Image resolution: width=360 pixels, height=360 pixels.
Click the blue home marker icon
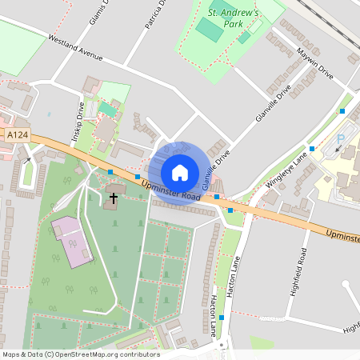click(x=180, y=172)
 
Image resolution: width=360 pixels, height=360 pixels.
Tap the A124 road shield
click(x=18, y=136)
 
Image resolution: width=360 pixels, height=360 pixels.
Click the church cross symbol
click(x=114, y=197)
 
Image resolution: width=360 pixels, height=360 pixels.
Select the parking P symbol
click(x=340, y=139)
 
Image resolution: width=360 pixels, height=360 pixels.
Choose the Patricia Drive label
click(x=156, y=15)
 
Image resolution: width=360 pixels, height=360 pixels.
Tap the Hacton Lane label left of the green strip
click(x=213, y=314)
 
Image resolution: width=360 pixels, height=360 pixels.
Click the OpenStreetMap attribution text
click(x=80, y=354)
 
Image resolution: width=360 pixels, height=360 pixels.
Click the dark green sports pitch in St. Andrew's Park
click(x=210, y=30)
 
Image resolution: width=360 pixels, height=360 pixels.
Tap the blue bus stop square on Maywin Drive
click(x=342, y=111)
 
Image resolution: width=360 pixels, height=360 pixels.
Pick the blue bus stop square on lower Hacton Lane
click(x=222, y=318)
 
